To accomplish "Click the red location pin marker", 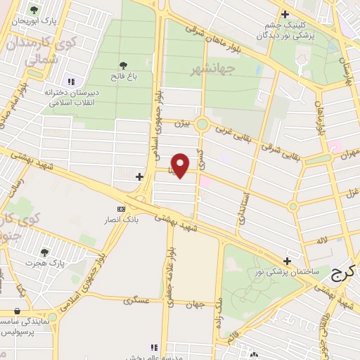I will [181, 165].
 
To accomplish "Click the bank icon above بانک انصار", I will [122, 209].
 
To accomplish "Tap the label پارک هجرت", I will [45, 263].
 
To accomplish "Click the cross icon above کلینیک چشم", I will [284, 14].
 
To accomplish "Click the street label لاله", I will [321, 240].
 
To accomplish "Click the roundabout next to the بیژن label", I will [202, 125].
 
